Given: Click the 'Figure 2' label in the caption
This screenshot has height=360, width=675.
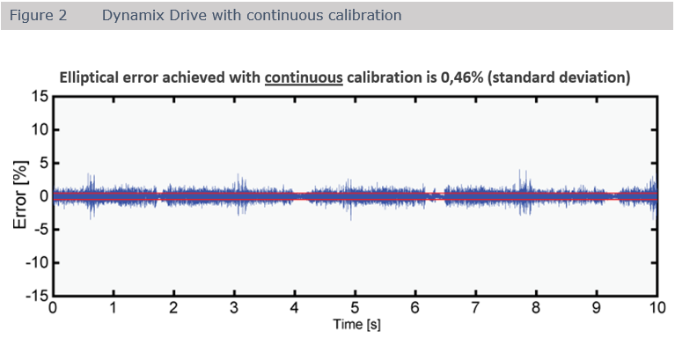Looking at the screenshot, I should coord(38,16).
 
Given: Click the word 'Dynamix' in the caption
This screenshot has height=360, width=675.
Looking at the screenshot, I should coord(128,16).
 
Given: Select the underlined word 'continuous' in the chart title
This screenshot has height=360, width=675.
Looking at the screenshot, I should coord(303,77).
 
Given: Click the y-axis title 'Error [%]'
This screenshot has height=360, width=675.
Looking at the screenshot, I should coord(21,195).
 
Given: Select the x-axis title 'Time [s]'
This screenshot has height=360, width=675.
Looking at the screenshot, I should coord(356,326).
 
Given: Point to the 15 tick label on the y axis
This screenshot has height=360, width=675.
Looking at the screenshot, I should coord(39,96).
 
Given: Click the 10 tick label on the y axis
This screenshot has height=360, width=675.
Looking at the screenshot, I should coord(39,129).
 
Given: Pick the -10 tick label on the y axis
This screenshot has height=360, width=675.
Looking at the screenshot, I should coord(35,263).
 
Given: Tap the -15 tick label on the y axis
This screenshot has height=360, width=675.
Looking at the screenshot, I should coord(35,297).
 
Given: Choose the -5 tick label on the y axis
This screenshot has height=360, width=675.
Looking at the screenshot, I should coord(40,230).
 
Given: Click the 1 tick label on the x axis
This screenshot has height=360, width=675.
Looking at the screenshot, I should coord(113,309).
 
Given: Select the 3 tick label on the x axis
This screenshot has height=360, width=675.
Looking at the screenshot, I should coord(233,309).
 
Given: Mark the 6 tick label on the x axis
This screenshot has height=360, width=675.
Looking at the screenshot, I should coord(415,309).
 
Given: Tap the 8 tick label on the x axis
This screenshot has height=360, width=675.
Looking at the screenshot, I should coord(535,309).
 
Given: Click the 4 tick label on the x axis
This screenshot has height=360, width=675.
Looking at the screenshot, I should coord(294,309).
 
